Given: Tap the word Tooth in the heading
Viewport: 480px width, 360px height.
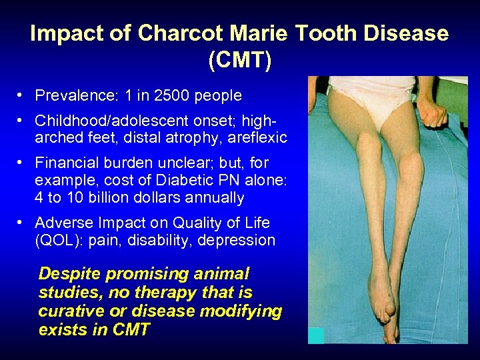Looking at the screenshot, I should coord(329,33).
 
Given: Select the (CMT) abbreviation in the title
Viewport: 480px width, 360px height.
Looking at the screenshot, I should coord(239,60).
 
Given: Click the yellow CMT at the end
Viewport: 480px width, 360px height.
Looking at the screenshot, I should coord(131,330).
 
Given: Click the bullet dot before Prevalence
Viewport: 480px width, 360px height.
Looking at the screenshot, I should coord(23,96).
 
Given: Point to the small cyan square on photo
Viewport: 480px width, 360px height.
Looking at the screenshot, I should coord(316,336).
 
